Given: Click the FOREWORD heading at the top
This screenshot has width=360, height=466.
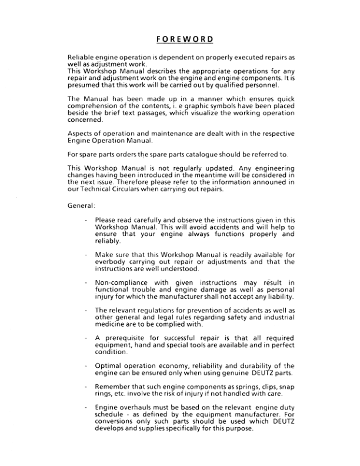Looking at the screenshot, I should point(180,40).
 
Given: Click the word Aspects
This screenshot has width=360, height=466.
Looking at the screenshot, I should point(81,134).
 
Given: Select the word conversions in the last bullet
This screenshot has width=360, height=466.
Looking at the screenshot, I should point(117,422).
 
